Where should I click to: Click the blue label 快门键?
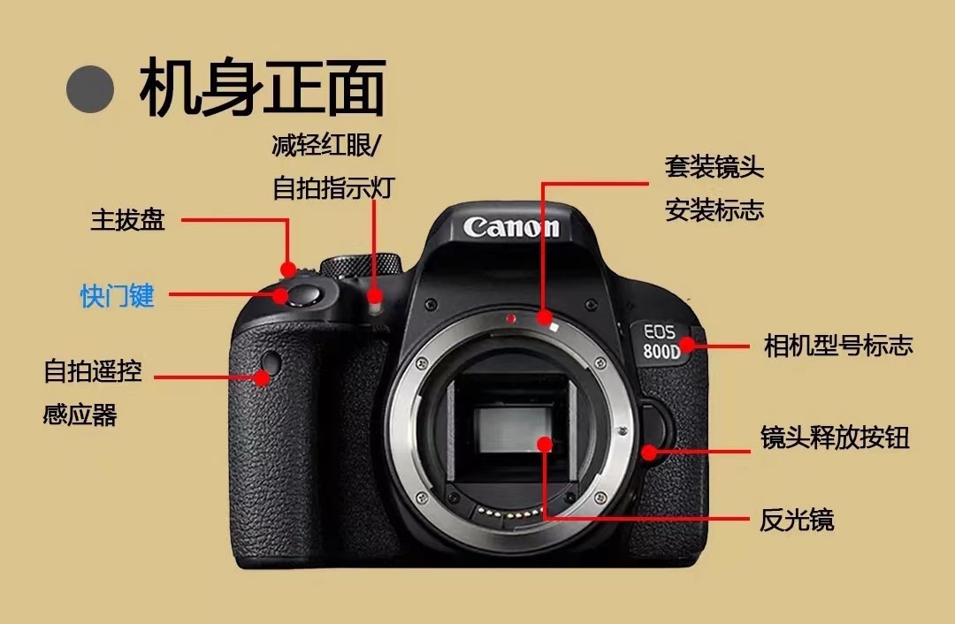coord(117,296)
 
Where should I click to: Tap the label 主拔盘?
coord(128,220)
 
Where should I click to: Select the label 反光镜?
coord(797,520)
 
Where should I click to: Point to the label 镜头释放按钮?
coord(835,438)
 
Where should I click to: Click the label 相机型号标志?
coord(838,346)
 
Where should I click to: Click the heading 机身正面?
coord(263,87)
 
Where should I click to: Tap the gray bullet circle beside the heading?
coord(90,89)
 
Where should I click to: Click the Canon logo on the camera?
coord(511,227)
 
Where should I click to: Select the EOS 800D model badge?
coord(661,341)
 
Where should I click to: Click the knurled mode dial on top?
coord(361,265)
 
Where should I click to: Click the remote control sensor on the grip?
coord(271,363)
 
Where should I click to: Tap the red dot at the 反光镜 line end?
coord(545,444)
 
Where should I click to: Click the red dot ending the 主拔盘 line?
coord(288,269)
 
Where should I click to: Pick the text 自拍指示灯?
coord(333,187)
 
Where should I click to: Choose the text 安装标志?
coord(714,210)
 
